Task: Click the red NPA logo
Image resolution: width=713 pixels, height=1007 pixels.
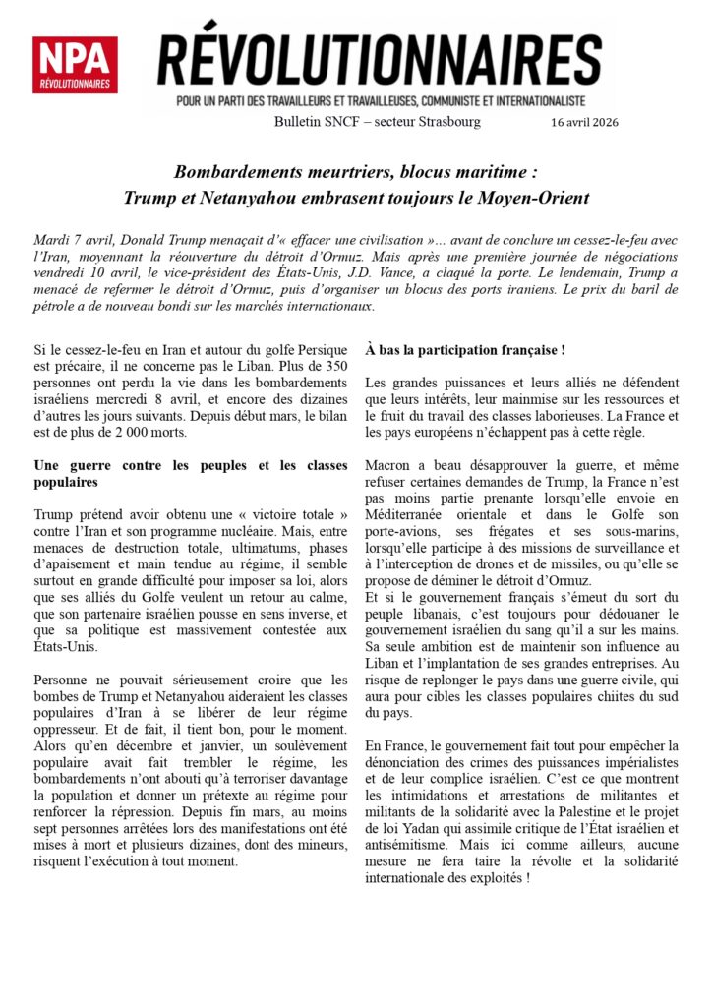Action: point(75,65)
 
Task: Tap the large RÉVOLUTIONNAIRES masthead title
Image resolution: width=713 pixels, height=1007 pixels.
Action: point(380,60)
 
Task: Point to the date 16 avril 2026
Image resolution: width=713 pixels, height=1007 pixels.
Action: point(584,122)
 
